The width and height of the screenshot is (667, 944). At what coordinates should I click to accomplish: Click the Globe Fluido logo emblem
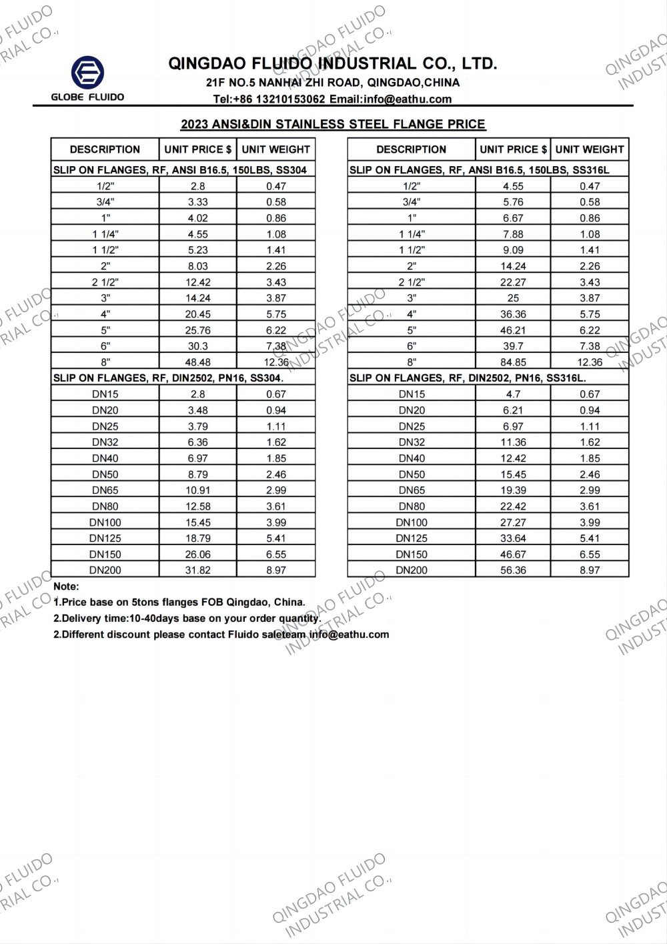pos(87,73)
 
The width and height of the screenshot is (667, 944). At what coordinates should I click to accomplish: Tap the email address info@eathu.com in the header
pos(390,99)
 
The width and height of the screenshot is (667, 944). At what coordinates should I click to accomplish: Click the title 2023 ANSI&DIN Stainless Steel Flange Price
pos(333,124)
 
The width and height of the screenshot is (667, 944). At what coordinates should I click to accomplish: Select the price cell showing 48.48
pos(198,362)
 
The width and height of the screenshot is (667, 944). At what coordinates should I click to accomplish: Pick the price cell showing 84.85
pos(513,362)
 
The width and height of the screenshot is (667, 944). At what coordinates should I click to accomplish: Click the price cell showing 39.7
pos(513,346)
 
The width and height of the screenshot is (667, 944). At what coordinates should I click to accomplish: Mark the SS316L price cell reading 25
pos(513,298)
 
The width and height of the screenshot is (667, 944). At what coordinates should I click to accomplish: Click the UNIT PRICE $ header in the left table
pos(198,149)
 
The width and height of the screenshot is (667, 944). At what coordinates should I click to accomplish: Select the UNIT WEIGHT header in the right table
pos(590,149)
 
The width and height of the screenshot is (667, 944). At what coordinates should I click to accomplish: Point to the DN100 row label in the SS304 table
pos(105,522)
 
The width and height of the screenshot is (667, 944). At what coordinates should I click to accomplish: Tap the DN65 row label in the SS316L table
pos(412,490)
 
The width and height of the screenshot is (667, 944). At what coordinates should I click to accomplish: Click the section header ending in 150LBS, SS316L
pos(479,170)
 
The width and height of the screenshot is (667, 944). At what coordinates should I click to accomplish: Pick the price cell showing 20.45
pos(198,314)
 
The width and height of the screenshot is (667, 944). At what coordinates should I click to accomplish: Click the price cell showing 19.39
pos(513,490)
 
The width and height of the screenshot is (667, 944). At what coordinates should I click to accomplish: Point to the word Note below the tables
pos(66,586)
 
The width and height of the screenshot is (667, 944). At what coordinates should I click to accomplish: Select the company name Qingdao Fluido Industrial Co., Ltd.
pos(333,64)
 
